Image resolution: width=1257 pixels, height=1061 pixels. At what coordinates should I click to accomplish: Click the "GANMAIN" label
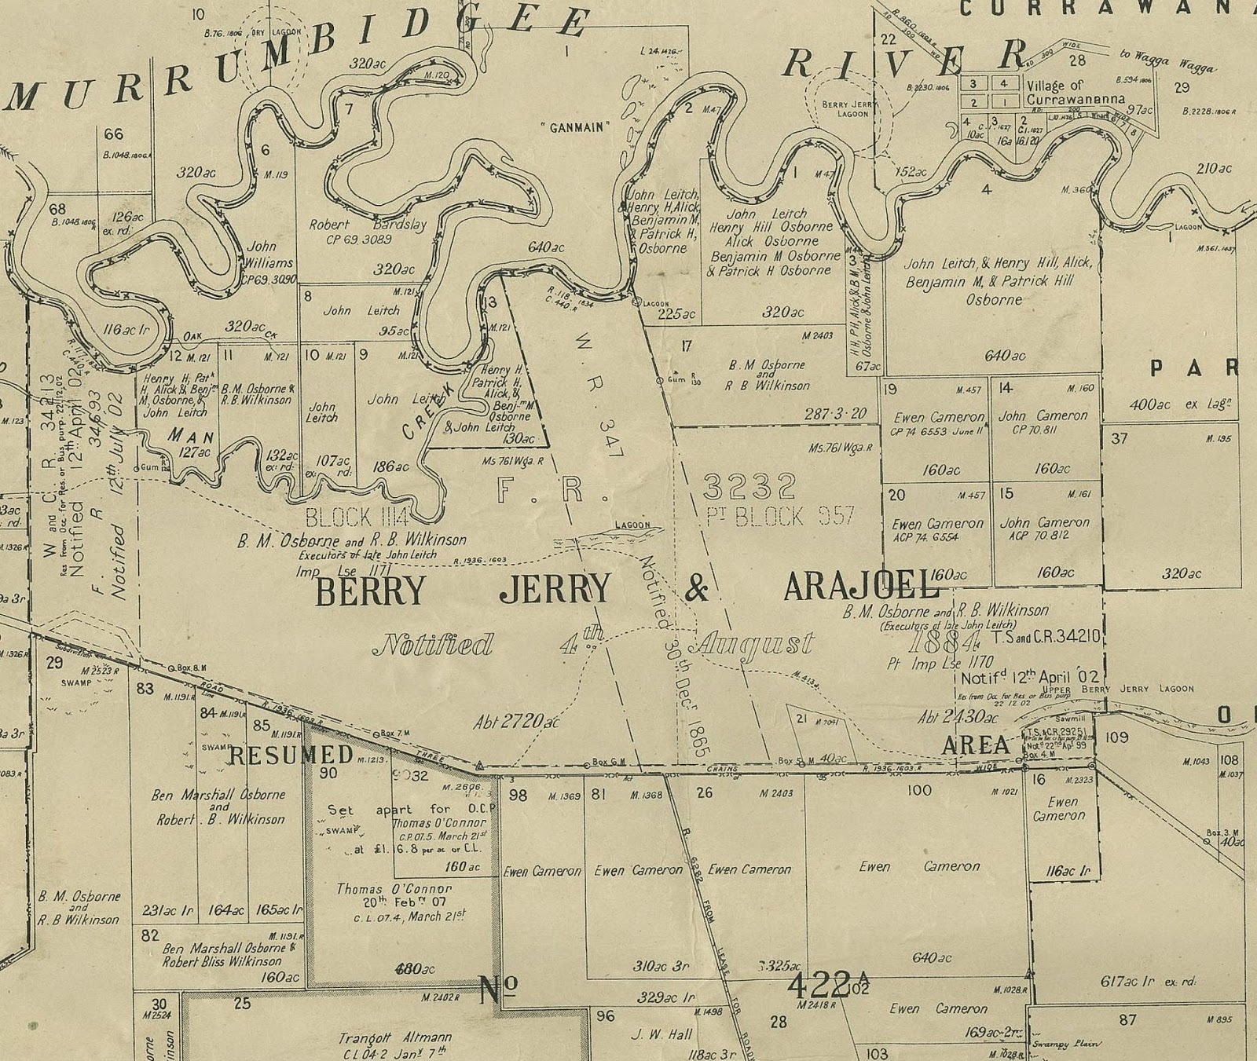pyautogui.click(x=580, y=127)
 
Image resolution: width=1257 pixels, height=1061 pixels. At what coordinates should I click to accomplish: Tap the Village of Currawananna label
pyautogui.click(x=1055, y=93)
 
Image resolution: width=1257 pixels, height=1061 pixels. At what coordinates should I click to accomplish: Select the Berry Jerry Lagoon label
pyautogui.click(x=845, y=108)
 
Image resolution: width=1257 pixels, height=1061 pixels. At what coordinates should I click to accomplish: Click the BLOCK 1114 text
pyautogui.click(x=357, y=517)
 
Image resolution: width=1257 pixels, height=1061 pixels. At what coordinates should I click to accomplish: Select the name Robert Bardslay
pyautogui.click(x=368, y=225)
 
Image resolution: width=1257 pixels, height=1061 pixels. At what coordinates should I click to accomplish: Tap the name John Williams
pyautogui.click(x=269, y=254)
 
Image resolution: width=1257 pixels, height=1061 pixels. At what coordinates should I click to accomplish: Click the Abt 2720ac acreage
pyautogui.click(x=517, y=722)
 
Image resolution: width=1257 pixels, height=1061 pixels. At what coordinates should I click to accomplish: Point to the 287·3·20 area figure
pyautogui.click(x=834, y=414)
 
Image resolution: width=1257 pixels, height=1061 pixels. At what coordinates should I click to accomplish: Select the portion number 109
pyautogui.click(x=1116, y=737)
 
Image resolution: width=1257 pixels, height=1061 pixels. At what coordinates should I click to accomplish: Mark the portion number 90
pyautogui.click(x=328, y=773)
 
